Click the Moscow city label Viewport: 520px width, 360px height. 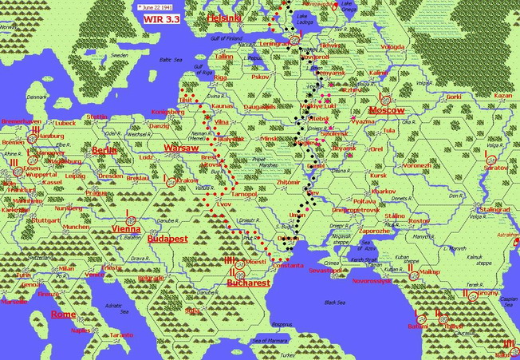pos(387,109)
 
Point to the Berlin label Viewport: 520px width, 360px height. pos(104,149)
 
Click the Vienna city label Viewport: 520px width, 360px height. pos(126,228)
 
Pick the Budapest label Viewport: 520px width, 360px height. pos(167,238)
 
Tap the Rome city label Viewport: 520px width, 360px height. pos(63,314)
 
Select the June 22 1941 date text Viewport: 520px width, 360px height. pos(155,6)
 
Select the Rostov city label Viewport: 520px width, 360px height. pos(418,221)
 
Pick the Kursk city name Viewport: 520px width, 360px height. pos(378,175)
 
